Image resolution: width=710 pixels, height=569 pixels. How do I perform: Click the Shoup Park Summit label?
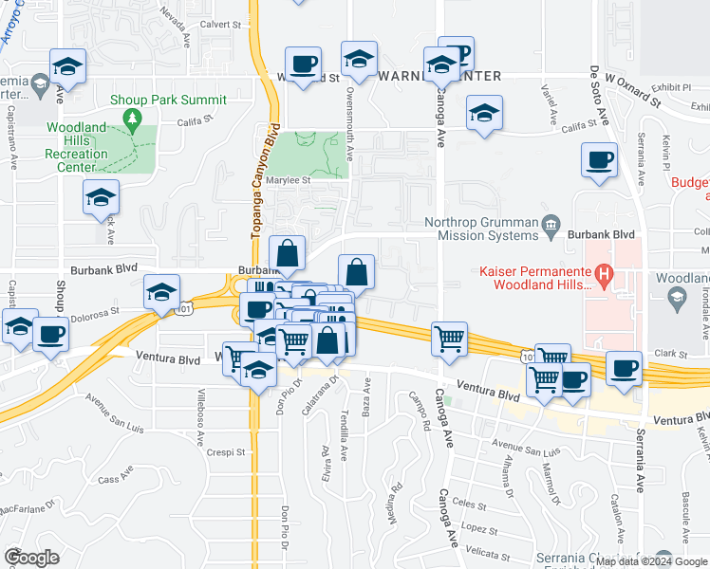168,100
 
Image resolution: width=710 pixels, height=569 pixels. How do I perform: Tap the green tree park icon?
133,119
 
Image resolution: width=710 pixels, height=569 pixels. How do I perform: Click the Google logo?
31,558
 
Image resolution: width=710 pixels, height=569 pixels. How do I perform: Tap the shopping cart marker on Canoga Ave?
450,338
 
